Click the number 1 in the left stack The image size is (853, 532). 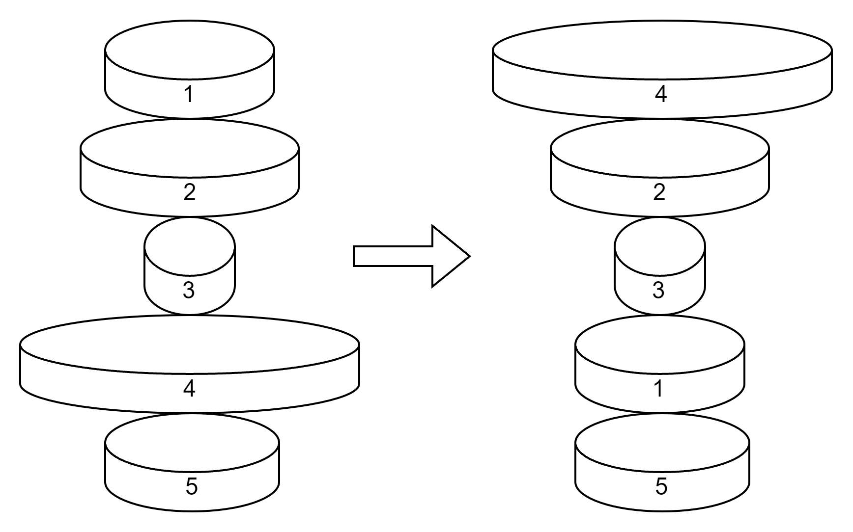pyautogui.click(x=189, y=94)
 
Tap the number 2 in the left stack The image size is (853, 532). pyautogui.click(x=190, y=192)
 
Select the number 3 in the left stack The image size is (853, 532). pyautogui.click(x=189, y=290)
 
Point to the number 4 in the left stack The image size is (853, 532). pyautogui.click(x=189, y=388)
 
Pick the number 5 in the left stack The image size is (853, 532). pyautogui.click(x=192, y=486)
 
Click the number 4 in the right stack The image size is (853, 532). pyautogui.click(x=661, y=94)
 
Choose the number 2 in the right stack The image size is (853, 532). pyautogui.click(x=659, y=192)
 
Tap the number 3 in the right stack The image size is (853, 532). pyautogui.click(x=658, y=290)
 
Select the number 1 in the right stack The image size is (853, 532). pyautogui.click(x=659, y=388)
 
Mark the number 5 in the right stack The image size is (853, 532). pyautogui.click(x=661, y=486)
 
